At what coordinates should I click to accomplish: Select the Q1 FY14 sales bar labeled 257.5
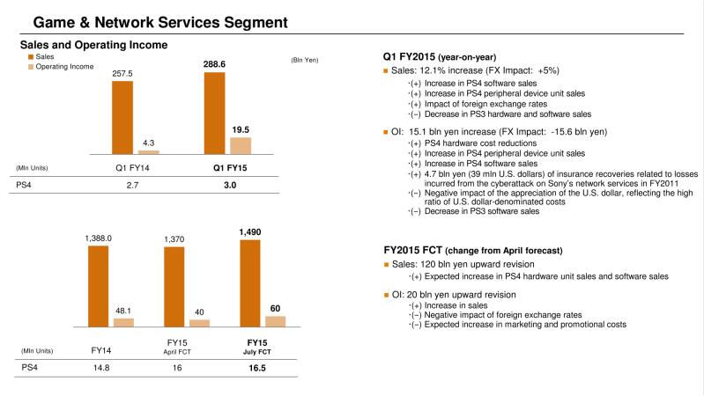pyautogui.click(x=122, y=117)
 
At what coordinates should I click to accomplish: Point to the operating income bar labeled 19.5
pyautogui.click(x=240, y=145)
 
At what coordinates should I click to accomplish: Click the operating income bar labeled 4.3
pyautogui.click(x=148, y=153)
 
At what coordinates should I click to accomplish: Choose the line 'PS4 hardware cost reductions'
pyautogui.click(x=473, y=143)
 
